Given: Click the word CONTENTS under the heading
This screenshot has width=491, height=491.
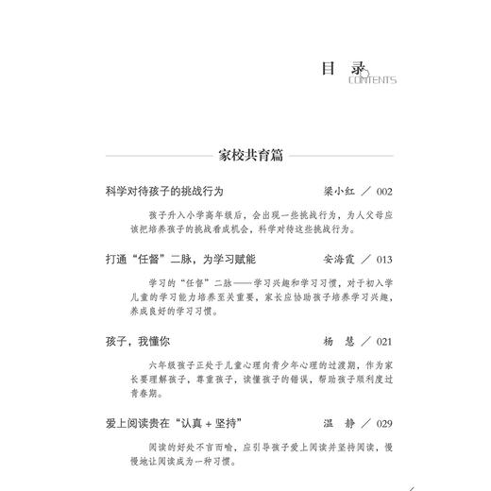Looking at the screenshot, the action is [x=372, y=81].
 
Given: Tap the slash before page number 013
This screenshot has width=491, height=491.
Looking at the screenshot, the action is [x=353, y=259].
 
